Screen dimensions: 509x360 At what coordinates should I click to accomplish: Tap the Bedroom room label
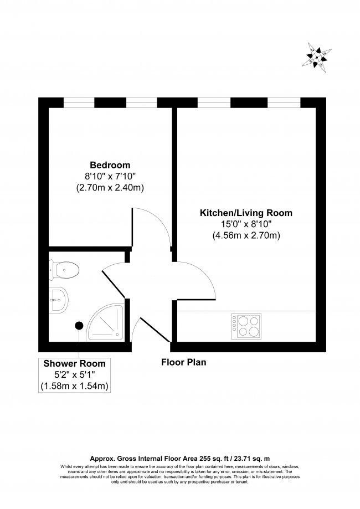point(110,165)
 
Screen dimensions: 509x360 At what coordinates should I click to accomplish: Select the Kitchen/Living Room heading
point(246,213)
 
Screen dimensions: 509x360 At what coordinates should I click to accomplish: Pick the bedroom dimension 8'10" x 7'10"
point(110,177)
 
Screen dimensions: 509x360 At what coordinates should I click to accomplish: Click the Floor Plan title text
point(183,363)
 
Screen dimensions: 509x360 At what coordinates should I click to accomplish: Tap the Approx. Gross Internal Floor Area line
point(179,459)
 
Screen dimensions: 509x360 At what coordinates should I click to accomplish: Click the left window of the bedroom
point(79,102)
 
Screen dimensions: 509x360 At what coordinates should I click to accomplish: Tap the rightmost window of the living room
point(284,102)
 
